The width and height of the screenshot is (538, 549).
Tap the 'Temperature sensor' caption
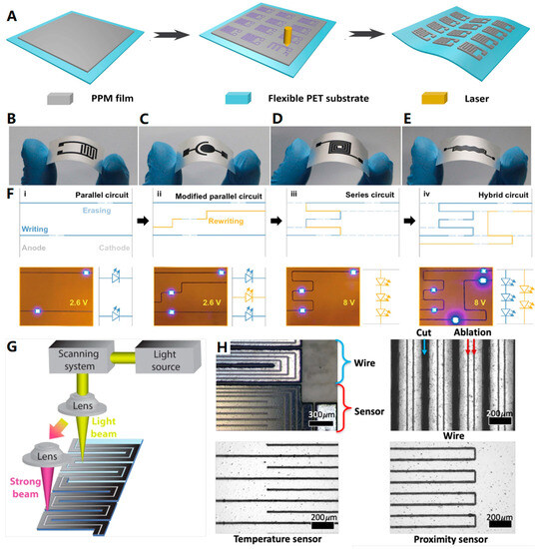pyautogui.click(x=278, y=537)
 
